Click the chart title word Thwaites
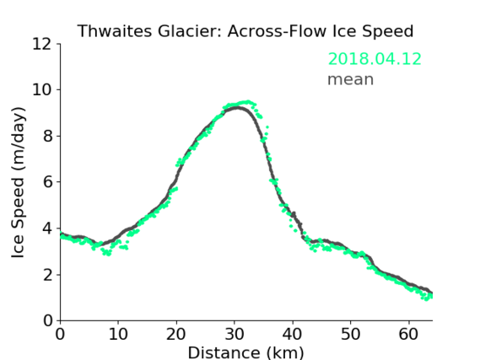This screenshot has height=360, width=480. click(115, 31)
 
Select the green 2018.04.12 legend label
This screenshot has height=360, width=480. click(375, 59)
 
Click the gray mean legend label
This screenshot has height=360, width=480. click(351, 79)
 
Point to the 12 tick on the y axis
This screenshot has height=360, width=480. click(42, 45)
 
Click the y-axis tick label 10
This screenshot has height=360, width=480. click(42, 90)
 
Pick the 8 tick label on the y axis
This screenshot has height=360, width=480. click(47, 136)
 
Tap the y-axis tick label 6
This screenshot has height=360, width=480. click(47, 182)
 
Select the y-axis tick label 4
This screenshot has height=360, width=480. click(47, 228)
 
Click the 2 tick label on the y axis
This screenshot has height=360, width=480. click(47, 275)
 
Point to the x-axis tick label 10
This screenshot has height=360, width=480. click(118, 334)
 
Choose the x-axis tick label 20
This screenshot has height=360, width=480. click(176, 334)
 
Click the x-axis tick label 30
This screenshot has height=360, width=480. click(235, 334)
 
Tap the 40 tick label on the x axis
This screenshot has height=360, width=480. click(293, 334)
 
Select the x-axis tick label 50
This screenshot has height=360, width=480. click(351, 334)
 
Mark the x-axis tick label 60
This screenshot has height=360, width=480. click(408, 334)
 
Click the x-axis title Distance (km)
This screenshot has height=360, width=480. click(245, 352)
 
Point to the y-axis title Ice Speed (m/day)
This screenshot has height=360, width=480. click(18, 182)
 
